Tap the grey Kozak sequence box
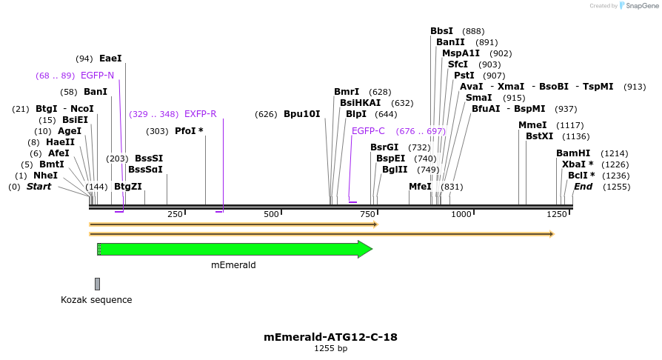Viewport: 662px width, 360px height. coord(97,284)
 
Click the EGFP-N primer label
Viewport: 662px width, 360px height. coord(97,76)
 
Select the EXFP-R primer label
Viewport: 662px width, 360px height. coord(200,114)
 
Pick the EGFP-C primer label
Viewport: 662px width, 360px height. coord(368,131)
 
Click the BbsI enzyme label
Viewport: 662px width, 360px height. coord(441,31)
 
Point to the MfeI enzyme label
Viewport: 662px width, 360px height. coord(420,187)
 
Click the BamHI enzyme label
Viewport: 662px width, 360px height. coord(573,153)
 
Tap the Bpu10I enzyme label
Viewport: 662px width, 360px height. coord(302,114)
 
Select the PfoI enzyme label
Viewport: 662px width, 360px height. coord(189,131)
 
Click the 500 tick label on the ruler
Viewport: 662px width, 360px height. coord(271,214)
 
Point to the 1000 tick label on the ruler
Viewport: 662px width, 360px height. coord(461,214)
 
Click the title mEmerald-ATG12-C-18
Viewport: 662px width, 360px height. coord(330,337)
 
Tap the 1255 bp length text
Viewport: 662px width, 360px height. coord(330,348)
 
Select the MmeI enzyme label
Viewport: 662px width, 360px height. coord(532,125)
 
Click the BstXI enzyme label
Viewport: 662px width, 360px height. coord(539,136)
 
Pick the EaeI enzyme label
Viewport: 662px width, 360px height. coord(110,59)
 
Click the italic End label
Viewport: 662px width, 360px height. coord(583,187)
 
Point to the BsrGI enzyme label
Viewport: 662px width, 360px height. coord(384,147)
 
